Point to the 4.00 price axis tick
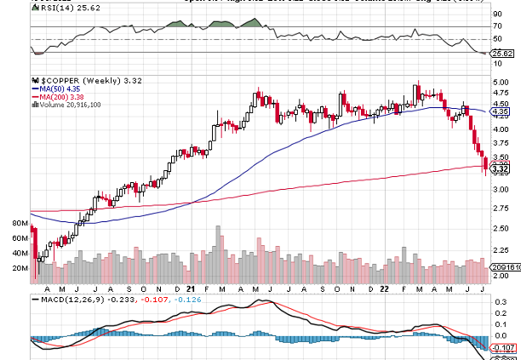pos(501,129)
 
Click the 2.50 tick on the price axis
pos(501,227)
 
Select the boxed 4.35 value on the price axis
pos(501,111)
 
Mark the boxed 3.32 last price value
pos(501,170)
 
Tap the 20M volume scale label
pos(21,268)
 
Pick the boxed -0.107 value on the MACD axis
pos(505,347)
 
